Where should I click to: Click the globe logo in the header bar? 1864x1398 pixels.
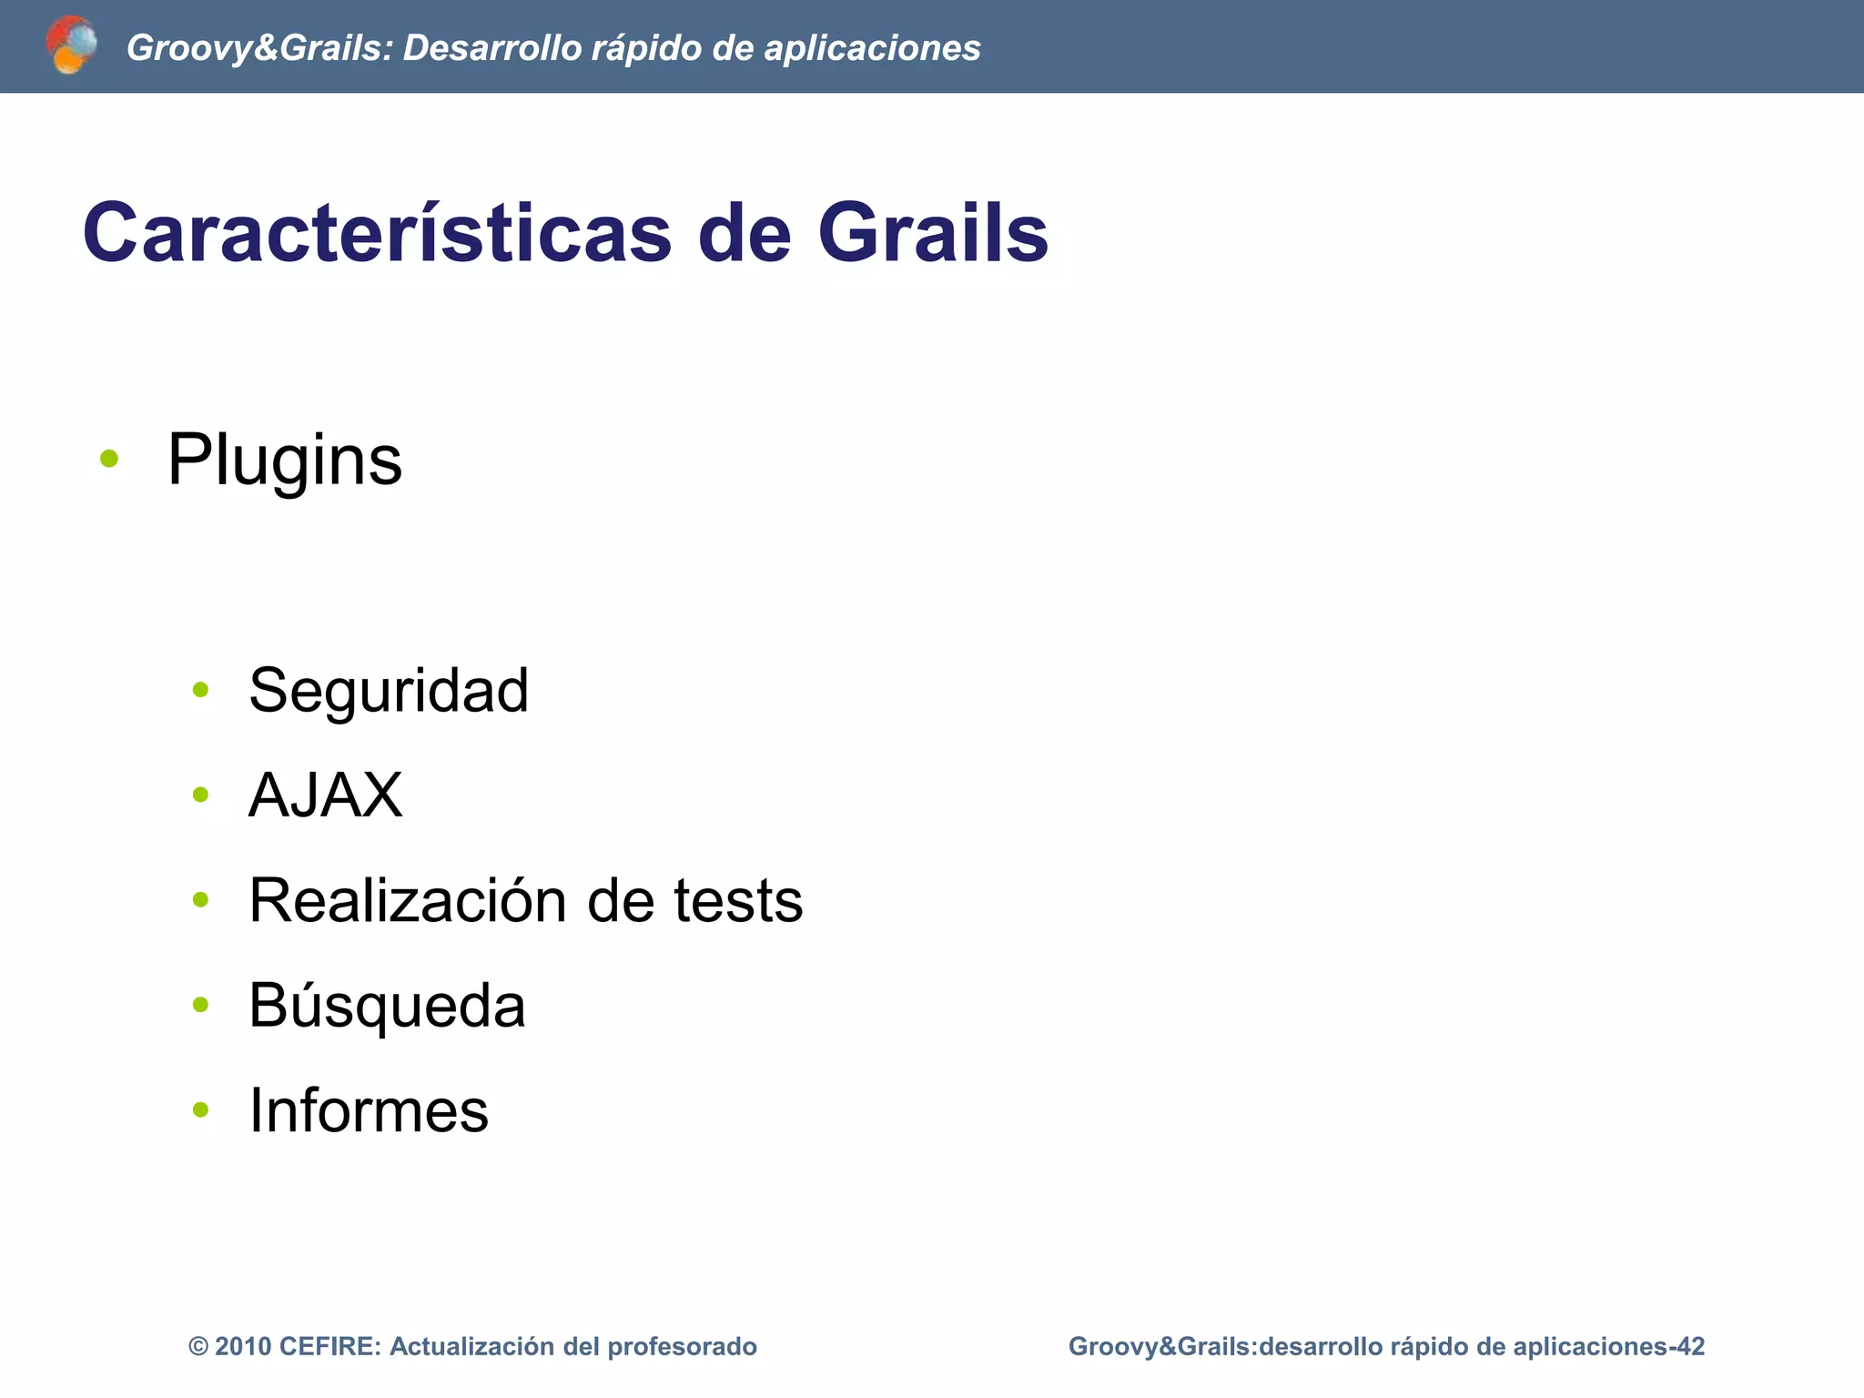(71, 45)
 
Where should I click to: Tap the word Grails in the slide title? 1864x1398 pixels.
(933, 233)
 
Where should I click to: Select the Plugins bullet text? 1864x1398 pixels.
(284, 461)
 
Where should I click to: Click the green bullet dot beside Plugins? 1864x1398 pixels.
(109, 459)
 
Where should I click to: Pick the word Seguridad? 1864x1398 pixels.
(389, 690)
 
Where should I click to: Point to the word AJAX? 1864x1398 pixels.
(325, 795)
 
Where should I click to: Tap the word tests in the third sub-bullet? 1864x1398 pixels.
(738, 900)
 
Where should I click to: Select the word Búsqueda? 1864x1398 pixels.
(387, 1006)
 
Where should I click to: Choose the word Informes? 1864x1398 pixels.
(369, 1110)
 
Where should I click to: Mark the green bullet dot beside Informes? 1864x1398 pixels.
(201, 1109)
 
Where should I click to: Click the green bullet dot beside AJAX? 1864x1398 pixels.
(201, 795)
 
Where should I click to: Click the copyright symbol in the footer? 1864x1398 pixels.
(198, 1346)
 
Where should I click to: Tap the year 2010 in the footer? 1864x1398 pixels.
(243, 1346)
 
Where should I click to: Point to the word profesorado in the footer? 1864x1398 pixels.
(682, 1346)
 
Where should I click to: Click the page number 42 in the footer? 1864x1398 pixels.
(1691, 1346)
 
